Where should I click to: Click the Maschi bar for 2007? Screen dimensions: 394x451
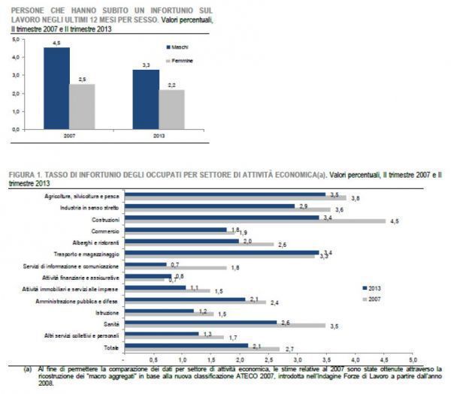coord(57,89)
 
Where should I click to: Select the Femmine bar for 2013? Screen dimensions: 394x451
coord(172,110)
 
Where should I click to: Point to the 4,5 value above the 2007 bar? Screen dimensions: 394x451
coord(57,44)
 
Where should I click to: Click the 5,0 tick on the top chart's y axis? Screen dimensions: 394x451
coord(15,37)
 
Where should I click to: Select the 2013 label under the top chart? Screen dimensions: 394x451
coord(159,136)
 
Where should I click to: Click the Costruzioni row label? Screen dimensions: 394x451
coord(106,218)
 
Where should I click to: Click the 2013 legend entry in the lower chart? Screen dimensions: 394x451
coord(373,287)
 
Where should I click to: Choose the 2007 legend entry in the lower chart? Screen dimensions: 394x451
coord(373,299)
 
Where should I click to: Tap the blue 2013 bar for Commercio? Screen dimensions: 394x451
coord(176,230)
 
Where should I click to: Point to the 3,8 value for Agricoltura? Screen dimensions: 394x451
coord(356,198)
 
